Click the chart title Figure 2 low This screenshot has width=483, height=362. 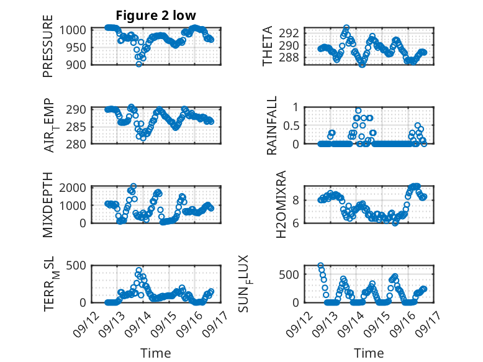(x=156, y=16)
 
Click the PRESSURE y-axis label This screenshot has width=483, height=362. (x=48, y=52)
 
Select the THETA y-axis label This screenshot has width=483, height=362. (x=268, y=46)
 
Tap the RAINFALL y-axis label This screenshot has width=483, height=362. (x=272, y=127)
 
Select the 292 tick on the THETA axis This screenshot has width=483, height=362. (x=292, y=33)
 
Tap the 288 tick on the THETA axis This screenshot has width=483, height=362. (x=292, y=58)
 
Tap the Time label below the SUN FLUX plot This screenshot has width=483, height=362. (x=369, y=353)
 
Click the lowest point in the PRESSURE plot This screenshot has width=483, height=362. (x=139, y=63)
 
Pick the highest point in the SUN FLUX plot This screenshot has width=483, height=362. (x=321, y=266)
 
